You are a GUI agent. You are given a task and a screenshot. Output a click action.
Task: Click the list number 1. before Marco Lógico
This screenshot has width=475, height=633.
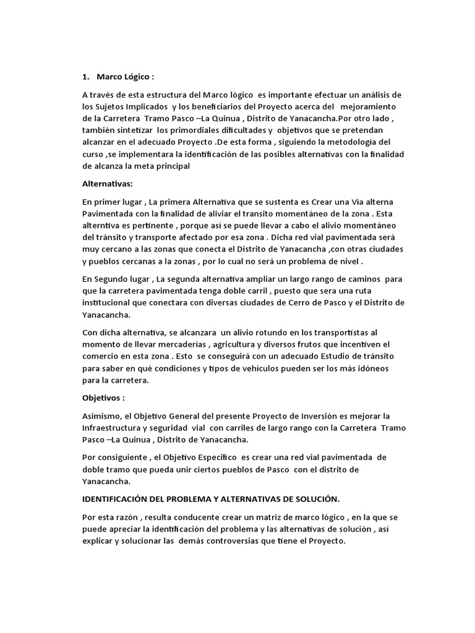point(85,77)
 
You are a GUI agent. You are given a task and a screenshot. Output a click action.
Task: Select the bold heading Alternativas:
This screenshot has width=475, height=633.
point(107,184)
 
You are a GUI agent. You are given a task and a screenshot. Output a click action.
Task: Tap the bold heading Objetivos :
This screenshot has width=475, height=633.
point(103,397)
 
